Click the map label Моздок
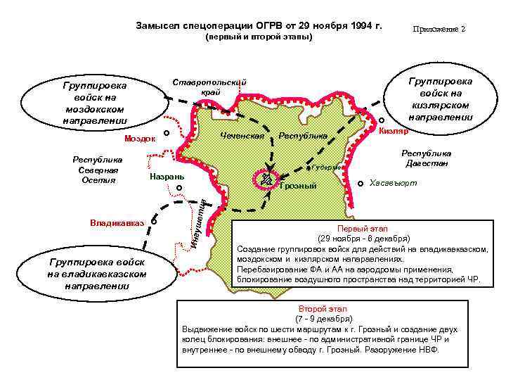pos(140,139)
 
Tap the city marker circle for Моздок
pos(167,134)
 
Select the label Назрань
pos(166,175)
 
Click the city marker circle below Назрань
pos(179,188)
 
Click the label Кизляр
pos(394,132)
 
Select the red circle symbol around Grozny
pos(266,177)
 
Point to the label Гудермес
pos(327,167)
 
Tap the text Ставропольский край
pos(210,87)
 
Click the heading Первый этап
pos(358,229)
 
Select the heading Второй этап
pos(319,309)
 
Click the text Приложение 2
pos(439,30)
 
